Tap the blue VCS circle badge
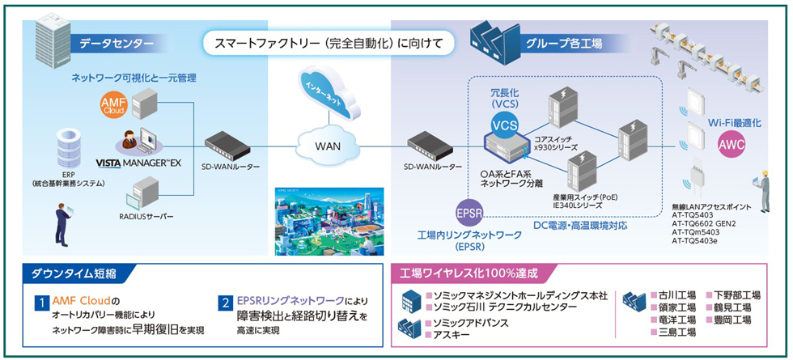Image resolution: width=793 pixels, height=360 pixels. pyautogui.click(x=506, y=126)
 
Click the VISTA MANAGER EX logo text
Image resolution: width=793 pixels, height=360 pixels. pyautogui.click(x=151, y=163)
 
